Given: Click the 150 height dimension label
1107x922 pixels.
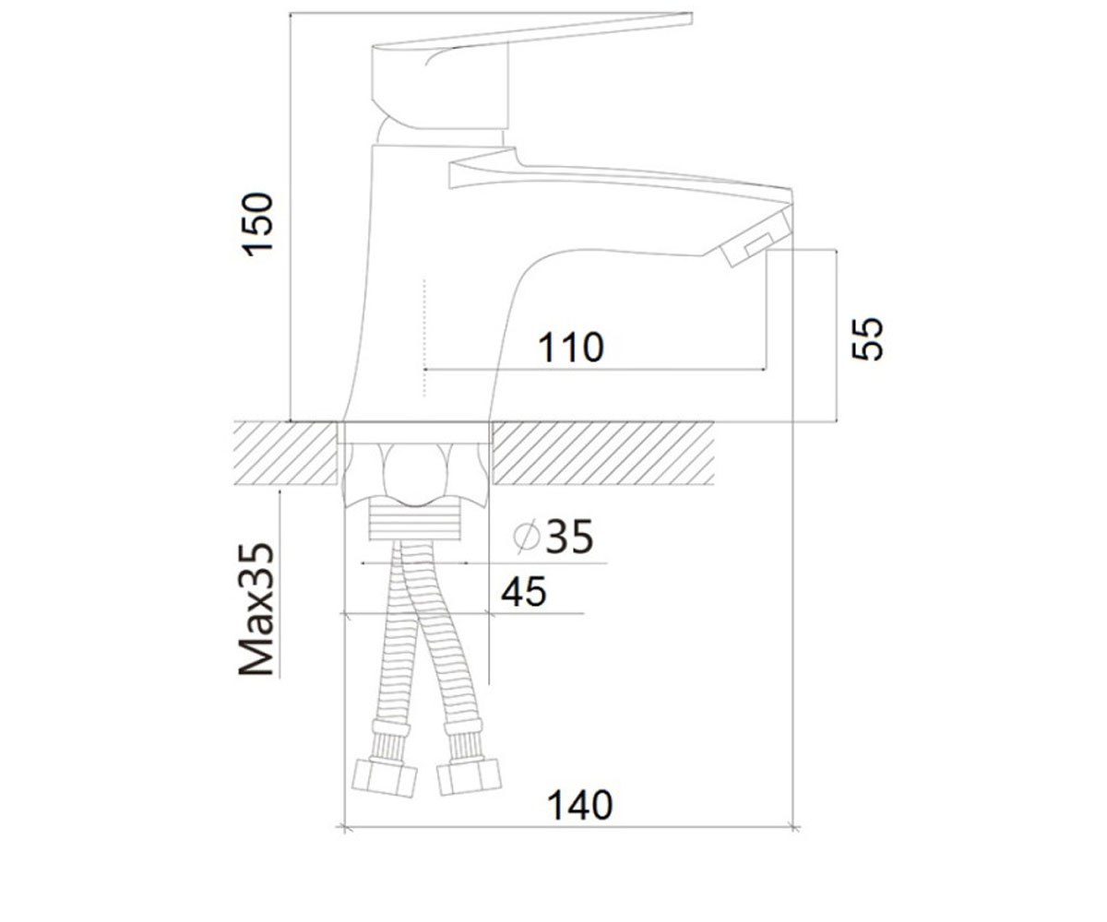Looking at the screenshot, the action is point(257,225).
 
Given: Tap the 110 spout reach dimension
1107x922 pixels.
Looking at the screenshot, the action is point(570,348).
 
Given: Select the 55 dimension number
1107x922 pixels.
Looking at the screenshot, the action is point(867,339).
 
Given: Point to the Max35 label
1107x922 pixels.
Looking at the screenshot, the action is point(256,609).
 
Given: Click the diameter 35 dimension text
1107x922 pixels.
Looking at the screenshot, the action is point(553,537).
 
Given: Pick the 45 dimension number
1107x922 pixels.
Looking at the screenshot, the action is point(523,592).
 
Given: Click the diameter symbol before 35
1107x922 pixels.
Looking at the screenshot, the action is point(527,537).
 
